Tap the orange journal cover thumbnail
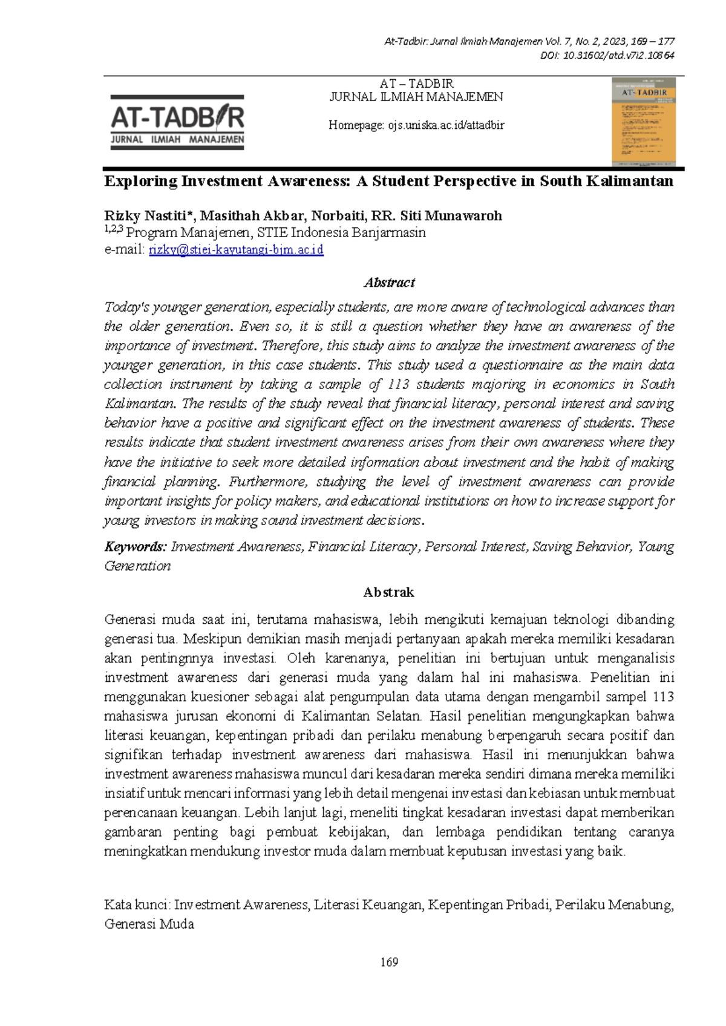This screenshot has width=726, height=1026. coord(643,121)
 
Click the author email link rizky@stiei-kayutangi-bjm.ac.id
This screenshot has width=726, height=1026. coord(236,250)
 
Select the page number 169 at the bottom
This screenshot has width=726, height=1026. coord(389,962)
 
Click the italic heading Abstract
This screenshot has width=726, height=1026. coord(389,283)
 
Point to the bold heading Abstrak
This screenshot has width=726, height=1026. coord(388,592)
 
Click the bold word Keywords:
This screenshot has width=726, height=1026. coord(135,547)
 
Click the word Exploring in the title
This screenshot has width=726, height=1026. coord(141,181)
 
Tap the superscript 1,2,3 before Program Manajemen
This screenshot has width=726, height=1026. coord(113,229)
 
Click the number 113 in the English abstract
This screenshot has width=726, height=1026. coord(398,385)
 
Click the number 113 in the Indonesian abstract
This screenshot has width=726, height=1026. coord(663,697)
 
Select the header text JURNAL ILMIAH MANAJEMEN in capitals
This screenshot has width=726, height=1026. coord(416,97)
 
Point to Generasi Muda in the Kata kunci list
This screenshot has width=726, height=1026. coord(149,924)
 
